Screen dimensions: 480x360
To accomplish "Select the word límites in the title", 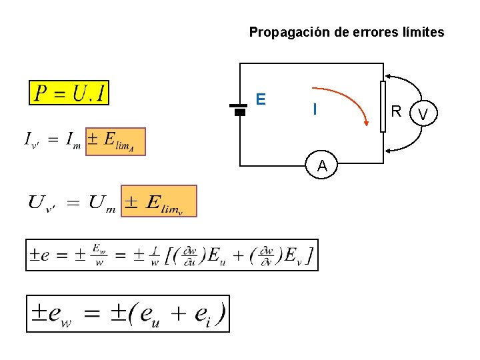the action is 421,32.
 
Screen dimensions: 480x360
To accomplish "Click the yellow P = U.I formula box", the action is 69,93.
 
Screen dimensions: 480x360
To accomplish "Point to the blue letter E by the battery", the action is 261,99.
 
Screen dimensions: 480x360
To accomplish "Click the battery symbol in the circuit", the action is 239,109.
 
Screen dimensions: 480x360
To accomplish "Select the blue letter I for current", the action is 315,109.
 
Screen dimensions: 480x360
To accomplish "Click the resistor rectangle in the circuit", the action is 383,107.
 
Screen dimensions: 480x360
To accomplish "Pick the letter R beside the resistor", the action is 397,111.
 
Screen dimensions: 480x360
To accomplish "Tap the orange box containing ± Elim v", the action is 159,201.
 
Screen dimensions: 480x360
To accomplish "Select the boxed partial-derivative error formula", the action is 171,255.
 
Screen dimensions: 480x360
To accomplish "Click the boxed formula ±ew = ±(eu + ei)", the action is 128,313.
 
